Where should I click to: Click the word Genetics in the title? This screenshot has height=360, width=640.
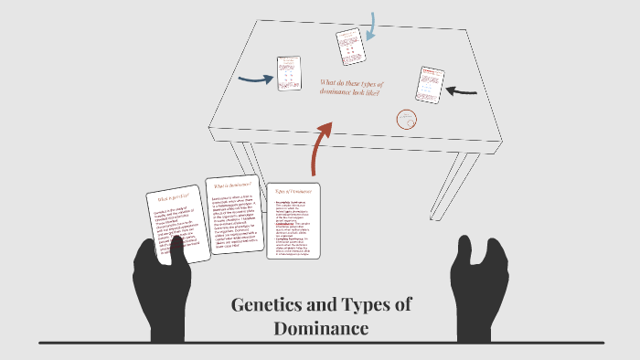[x=267, y=305]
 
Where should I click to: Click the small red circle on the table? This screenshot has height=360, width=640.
[x=406, y=119]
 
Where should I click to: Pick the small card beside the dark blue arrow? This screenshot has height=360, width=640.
[x=289, y=73]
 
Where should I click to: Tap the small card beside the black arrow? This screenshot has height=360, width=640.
[x=430, y=85]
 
